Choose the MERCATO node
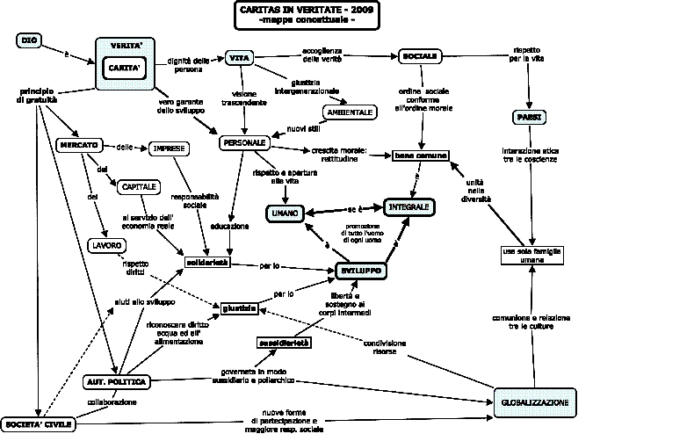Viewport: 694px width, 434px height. point(78,145)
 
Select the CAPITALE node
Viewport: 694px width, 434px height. point(137,186)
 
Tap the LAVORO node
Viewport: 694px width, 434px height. point(105,245)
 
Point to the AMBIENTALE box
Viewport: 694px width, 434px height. point(351,112)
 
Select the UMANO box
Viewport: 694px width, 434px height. point(287,213)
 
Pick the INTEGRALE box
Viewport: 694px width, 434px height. point(409,207)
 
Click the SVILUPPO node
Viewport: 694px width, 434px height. point(360,272)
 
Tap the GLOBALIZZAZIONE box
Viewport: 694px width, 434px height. point(534,402)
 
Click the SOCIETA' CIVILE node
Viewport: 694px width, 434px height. point(37,423)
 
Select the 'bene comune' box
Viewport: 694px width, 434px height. point(421,156)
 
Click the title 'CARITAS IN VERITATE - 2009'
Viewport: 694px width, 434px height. point(293,10)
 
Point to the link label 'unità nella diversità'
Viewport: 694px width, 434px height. point(475,189)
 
